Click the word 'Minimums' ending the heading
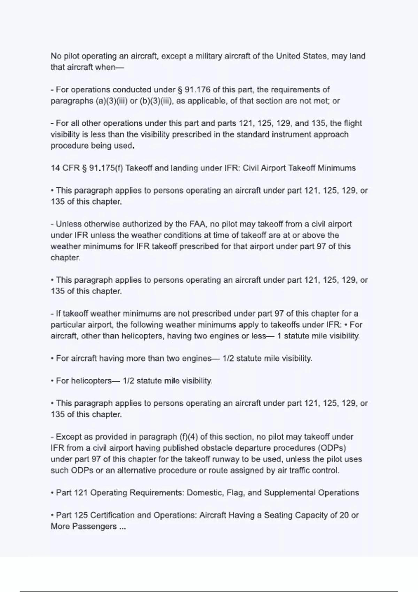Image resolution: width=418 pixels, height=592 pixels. (337, 168)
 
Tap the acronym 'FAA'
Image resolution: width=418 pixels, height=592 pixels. (197, 224)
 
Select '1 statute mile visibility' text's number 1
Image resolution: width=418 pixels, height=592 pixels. (279, 336)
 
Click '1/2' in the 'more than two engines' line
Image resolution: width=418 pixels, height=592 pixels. (228, 358)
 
